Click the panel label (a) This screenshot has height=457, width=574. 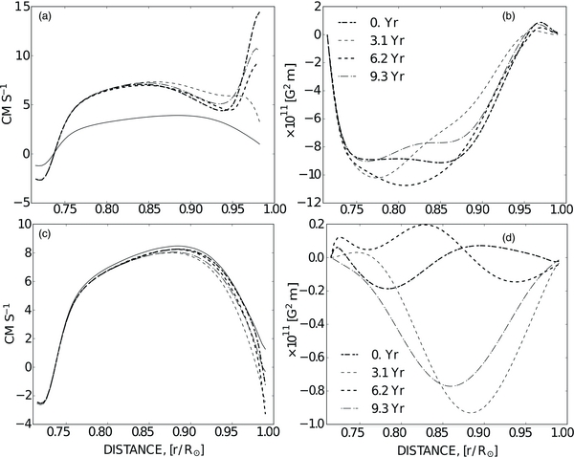46,16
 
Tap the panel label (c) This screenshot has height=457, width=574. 46,235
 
